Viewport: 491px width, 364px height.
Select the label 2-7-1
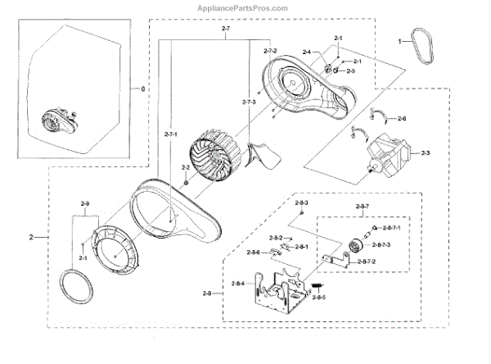pos(173,134)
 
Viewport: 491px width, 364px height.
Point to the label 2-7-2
pos(269,50)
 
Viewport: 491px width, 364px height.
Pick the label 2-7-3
pos(250,101)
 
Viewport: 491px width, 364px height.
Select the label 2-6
pos(401,119)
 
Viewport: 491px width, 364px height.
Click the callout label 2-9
pos(85,203)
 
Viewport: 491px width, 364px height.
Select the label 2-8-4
pos(238,284)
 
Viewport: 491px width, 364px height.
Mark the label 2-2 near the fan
pos(185,169)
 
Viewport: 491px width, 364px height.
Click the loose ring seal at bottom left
pos(77,290)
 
